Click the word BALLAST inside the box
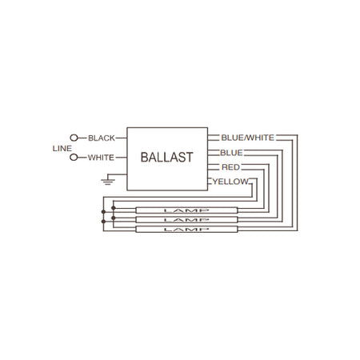coord(166,157)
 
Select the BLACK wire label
coord(102,138)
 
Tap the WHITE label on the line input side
coord(101,158)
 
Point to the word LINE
coord(62,148)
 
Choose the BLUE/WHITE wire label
coord(248,138)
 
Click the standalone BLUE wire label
coord(231,153)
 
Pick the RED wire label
coord(230,167)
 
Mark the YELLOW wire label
coord(230,182)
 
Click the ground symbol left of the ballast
coord(108,182)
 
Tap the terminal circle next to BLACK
coord(74,138)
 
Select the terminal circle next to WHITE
coord(74,158)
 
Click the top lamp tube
coord(186,210)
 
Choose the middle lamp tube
coord(186,220)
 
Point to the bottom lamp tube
coord(186,229)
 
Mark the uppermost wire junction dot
coord(114,208)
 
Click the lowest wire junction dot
coord(103,222)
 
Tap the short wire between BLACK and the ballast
coord(121,138)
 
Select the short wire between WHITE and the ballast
coord(122,158)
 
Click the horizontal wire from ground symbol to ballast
coord(118,174)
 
